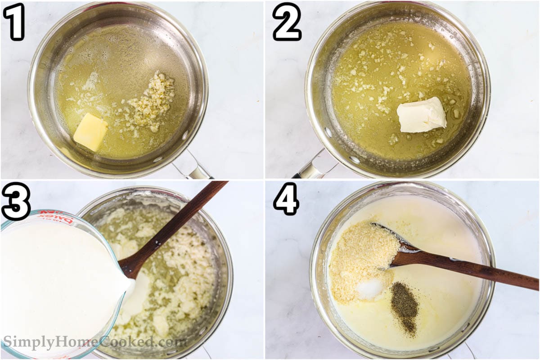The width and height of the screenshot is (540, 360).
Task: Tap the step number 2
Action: pos(287,22)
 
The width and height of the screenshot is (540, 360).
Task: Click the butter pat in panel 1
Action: pos(90,132)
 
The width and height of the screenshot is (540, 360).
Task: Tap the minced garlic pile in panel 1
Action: pos(149,101)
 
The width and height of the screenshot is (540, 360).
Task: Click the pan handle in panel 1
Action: pos(193,164)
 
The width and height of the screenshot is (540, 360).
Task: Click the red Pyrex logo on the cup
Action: pos(56,217)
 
